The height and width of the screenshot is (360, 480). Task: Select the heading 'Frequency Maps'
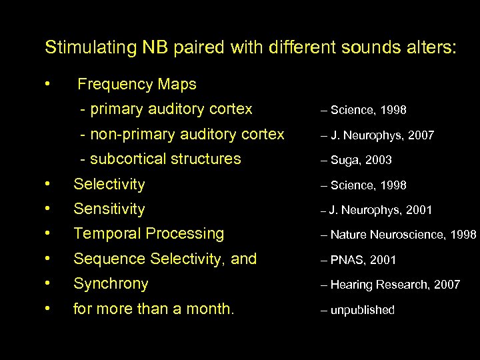(137, 85)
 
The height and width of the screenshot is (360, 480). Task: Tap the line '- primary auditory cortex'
(166, 109)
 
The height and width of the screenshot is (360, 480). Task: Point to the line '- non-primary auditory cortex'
(182, 134)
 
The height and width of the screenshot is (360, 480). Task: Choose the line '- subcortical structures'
(160, 159)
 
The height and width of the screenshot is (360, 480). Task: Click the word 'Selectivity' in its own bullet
(109, 184)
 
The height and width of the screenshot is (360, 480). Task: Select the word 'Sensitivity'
(109, 209)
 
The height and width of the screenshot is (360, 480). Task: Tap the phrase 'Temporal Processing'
(149, 234)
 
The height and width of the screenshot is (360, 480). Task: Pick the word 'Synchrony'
(111, 284)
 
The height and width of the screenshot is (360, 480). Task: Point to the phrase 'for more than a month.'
(153, 309)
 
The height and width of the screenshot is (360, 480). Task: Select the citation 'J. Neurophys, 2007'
(381, 135)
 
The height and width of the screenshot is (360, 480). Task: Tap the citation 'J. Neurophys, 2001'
(381, 211)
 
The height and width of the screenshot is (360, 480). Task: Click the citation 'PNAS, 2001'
(364, 260)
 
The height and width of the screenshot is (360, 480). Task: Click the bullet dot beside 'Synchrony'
(47, 283)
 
